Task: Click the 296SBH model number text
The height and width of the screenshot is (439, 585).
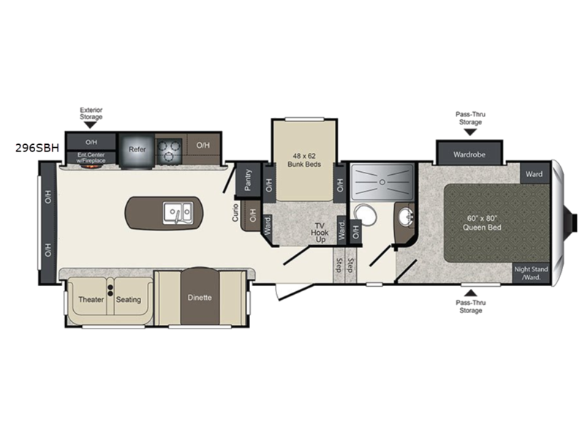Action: coord(37,149)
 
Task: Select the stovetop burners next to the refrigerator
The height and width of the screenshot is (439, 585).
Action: coord(169,151)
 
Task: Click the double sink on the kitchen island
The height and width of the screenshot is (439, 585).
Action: coord(178,213)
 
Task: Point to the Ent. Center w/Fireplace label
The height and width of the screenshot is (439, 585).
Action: coord(91,157)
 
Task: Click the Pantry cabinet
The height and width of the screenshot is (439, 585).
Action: coord(247,180)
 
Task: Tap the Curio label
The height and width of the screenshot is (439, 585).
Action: coord(235,212)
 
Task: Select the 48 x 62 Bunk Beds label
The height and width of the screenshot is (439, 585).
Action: coord(304,160)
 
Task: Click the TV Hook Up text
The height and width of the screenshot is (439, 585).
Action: coord(320,233)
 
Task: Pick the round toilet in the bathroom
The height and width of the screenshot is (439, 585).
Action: coord(365,214)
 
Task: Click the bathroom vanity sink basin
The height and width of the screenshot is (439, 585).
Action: coord(406,217)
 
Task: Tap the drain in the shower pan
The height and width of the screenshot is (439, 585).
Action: coord(382,182)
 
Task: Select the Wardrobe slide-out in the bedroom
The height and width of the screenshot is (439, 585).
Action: coord(469,154)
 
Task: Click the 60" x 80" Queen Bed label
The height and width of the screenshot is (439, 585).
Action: coord(482,223)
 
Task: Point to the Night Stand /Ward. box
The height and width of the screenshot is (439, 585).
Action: coord(532,273)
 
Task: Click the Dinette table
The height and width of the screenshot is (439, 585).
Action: coord(200,297)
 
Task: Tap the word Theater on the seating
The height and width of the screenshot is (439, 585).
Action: coord(91,299)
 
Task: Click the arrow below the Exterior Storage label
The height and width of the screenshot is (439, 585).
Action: coord(90,125)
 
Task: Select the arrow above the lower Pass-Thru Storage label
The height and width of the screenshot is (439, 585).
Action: coord(471,293)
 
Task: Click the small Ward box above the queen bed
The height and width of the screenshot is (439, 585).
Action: coord(535,174)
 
